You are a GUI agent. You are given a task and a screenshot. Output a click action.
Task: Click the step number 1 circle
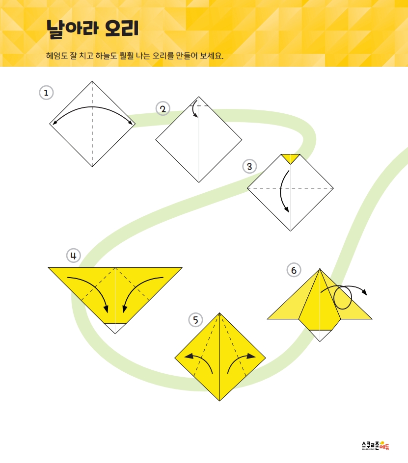click(x=46, y=93)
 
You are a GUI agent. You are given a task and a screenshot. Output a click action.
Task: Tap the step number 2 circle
click(x=163, y=109)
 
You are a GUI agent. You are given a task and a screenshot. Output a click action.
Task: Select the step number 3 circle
click(x=249, y=166)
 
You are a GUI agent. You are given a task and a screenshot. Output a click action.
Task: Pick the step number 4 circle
click(x=73, y=256)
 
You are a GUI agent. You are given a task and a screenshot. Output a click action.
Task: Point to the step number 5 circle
click(x=195, y=320)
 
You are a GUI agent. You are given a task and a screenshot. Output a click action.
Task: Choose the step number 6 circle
click(x=294, y=270)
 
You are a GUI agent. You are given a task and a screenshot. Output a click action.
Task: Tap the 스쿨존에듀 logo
click(x=376, y=445)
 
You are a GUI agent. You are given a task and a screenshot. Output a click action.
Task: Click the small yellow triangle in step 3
click(x=290, y=158)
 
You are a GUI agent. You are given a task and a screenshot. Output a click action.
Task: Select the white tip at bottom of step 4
click(x=115, y=328)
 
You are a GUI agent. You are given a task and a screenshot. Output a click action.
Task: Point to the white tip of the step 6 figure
click(x=320, y=335)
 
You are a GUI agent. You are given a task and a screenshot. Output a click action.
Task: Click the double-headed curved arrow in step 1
click(x=92, y=106)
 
